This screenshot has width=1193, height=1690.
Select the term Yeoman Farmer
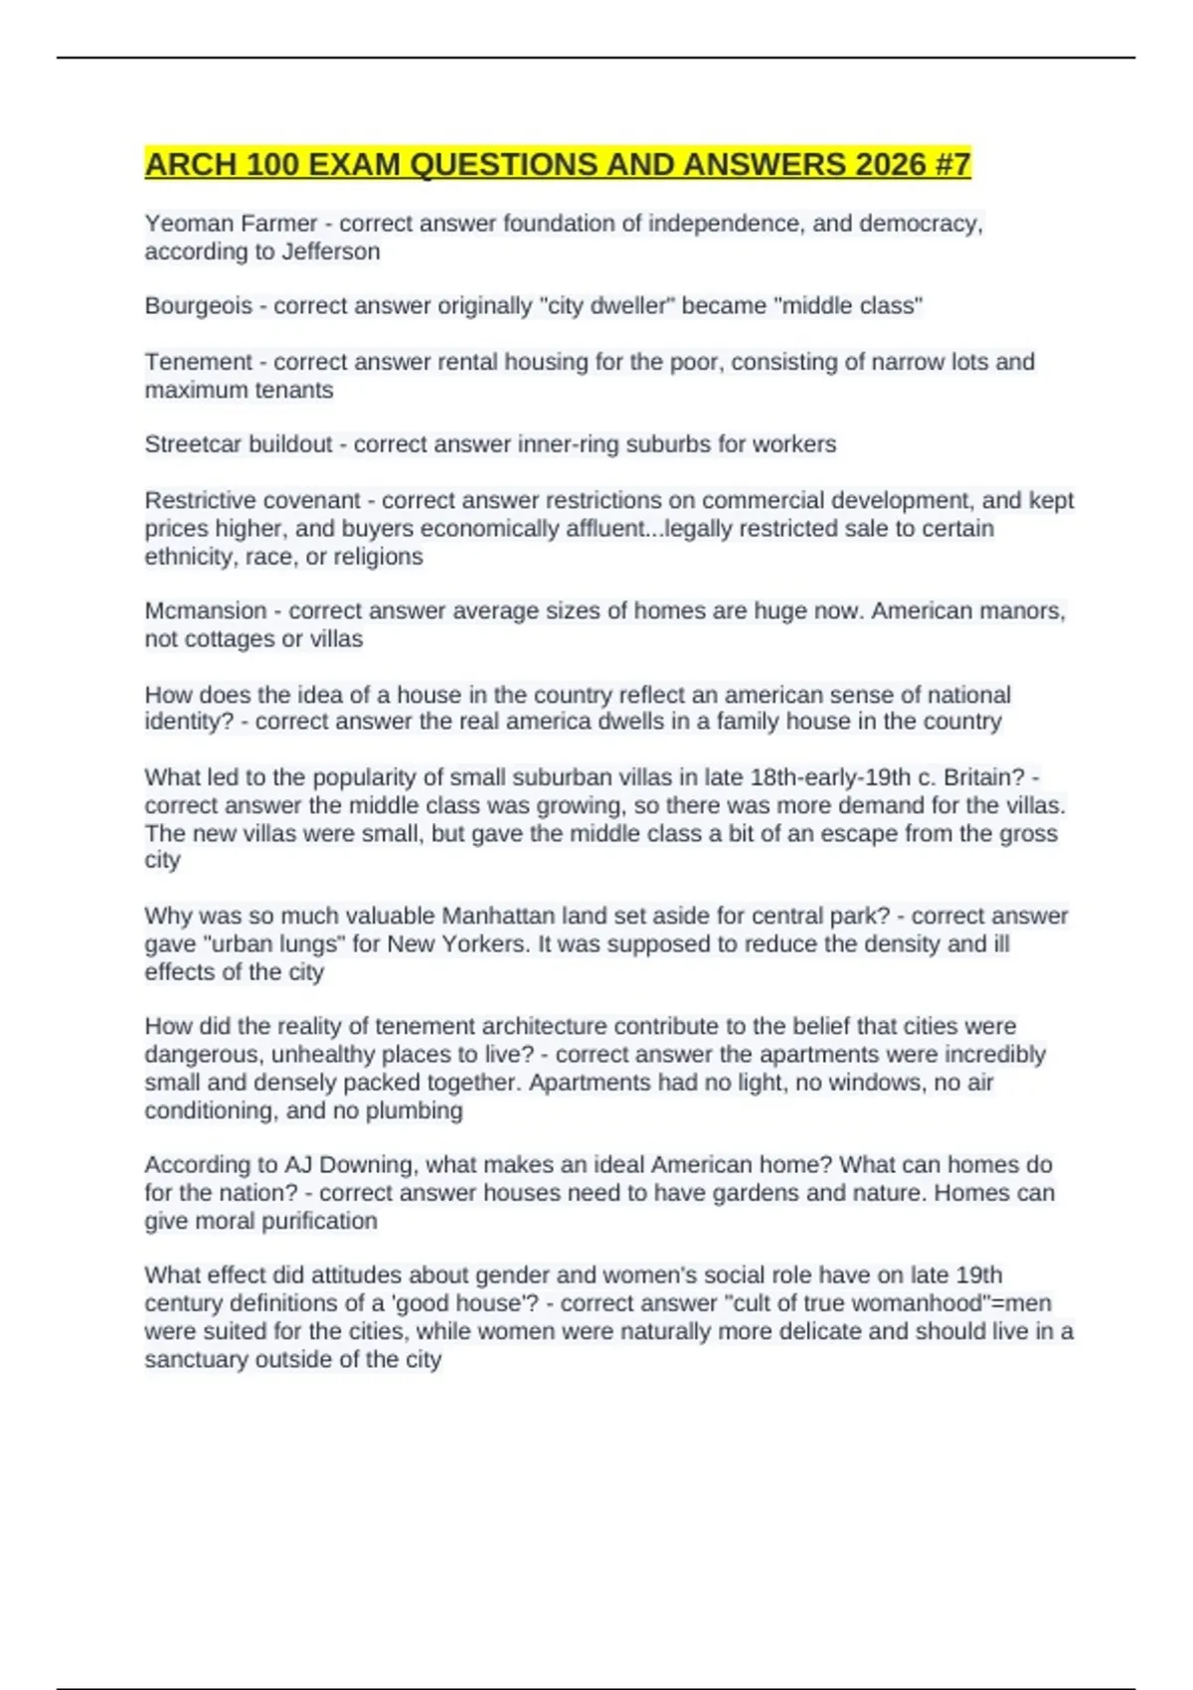tap(231, 224)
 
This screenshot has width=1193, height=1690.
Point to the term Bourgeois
tap(198, 306)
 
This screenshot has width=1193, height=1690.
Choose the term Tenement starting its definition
tap(198, 362)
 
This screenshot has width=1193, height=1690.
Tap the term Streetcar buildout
tap(238, 444)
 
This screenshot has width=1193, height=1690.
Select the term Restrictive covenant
tap(253, 500)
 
